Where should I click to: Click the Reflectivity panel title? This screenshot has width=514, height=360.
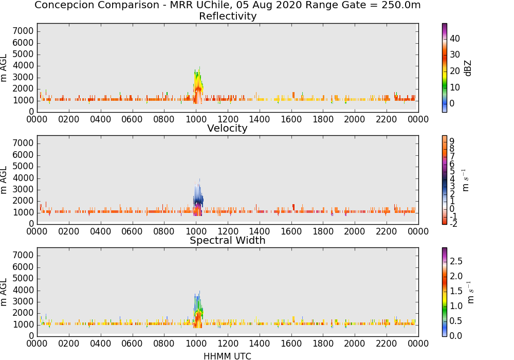tap(228, 16)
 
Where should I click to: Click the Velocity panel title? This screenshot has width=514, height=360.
tap(227, 128)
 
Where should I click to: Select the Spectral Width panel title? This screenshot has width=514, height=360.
tap(228, 240)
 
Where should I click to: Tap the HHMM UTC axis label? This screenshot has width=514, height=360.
tap(227, 356)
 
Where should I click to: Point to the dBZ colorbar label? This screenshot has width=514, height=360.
tap(468, 68)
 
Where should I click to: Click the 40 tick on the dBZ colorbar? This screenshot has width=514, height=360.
tap(455, 39)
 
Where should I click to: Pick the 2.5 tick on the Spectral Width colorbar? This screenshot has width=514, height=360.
tap(456, 261)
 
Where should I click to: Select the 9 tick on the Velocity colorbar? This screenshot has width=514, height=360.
tap(452, 141)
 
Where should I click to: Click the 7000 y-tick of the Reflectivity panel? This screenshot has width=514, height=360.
tap(23, 31)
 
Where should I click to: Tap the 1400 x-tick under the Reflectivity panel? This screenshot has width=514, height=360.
tap(259, 119)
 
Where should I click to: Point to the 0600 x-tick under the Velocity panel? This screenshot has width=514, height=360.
tap(132, 231)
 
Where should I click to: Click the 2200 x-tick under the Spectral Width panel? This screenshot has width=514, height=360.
tap(387, 344)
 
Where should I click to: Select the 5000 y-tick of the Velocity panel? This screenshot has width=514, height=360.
tap(23, 166)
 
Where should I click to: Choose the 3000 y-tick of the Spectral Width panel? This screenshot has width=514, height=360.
tap(23, 301)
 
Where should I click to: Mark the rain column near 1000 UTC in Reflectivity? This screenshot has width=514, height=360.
tap(198, 86)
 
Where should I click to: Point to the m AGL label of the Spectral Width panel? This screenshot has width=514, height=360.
tap(4, 292)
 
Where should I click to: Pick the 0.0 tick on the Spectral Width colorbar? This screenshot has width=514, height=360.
tap(456, 336)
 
